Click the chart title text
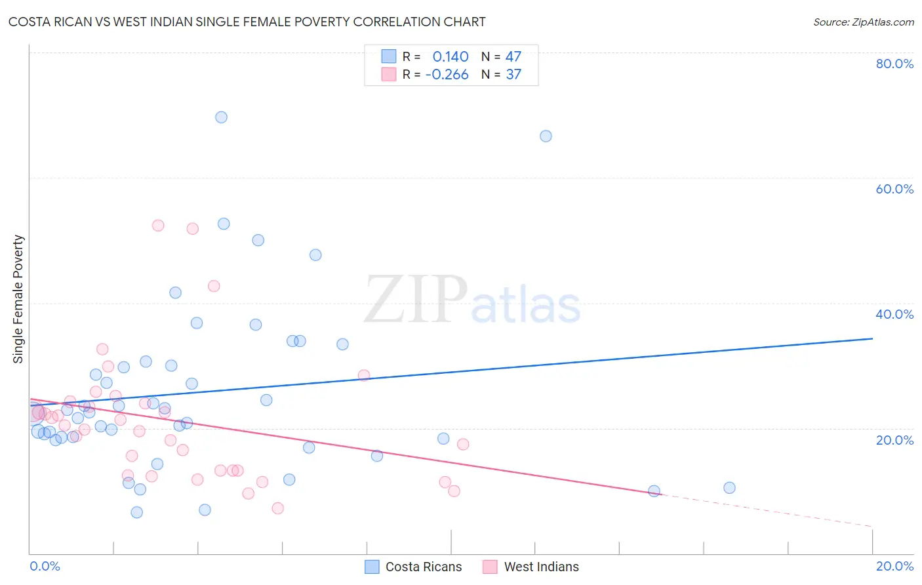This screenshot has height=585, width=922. pos(247,22)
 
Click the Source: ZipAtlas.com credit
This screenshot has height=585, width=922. pos(863,22)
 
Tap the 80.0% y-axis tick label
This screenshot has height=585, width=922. pos(894,64)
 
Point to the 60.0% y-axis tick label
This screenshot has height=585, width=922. pos(894,189)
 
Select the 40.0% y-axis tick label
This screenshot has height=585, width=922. pos(894,314)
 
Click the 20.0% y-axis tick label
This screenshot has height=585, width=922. pos(894,440)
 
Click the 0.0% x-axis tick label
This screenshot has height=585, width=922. pos(45,566)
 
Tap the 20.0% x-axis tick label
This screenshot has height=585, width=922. pos(894,566)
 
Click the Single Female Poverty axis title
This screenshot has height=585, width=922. pos(18,299)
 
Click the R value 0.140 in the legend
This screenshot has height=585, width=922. pos(451,56)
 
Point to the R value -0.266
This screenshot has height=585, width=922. pos(447,75)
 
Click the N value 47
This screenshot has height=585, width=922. pos(513,56)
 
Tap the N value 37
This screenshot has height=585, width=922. pos(513,75)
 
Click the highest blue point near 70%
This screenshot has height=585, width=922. pos(221,117)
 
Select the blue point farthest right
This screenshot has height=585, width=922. pos(729,488)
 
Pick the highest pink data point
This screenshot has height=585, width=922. pos(158,226)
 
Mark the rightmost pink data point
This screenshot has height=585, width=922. pos(463,444)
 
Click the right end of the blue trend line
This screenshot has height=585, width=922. pos(872,338)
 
